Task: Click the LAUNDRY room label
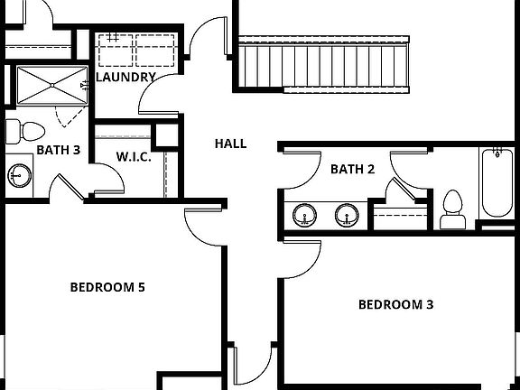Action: pyautogui.click(x=126, y=78)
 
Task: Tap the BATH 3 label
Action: pyautogui.click(x=58, y=150)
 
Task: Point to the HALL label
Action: pyautogui.click(x=230, y=144)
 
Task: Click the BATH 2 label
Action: pyautogui.click(x=352, y=169)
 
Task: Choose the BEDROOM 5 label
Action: pyautogui.click(x=108, y=288)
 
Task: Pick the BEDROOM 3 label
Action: pyautogui.click(x=395, y=304)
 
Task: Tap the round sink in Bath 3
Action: pyautogui.click(x=18, y=173)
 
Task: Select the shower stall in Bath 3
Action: pyautogui.click(x=50, y=85)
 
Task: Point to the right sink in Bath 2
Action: pyautogui.click(x=347, y=215)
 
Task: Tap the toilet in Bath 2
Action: pyautogui.click(x=452, y=209)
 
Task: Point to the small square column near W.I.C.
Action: pyautogui.click(x=166, y=135)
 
